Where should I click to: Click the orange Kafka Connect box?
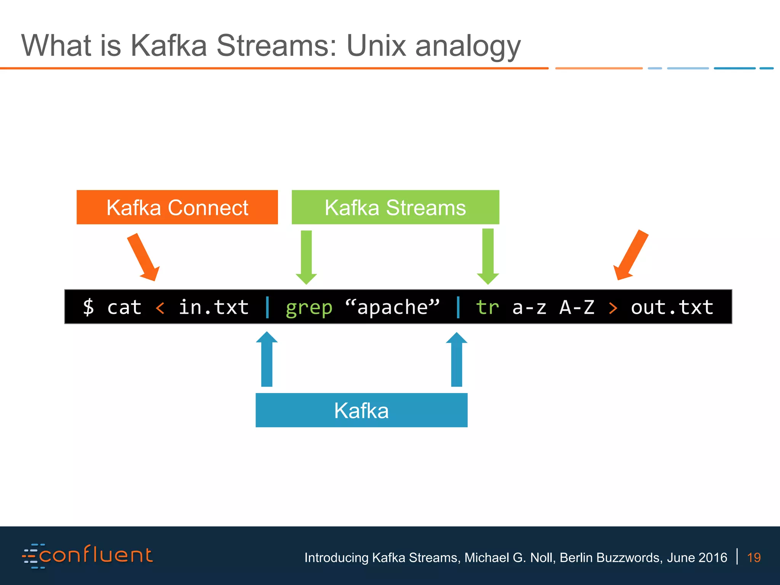pos(177,207)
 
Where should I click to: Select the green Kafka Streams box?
pos(395,207)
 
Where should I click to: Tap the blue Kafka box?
pos(361,410)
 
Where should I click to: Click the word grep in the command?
pos(309,307)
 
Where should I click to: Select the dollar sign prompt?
pos(88,307)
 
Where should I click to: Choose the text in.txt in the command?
pos(214,307)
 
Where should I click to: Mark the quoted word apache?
pos(392,307)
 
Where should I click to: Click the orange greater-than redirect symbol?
pos(613,308)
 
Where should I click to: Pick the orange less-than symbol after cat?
pos(160,308)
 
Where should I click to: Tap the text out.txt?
pos(672,307)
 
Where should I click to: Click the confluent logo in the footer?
pos(88,556)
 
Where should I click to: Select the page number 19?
pos(754,558)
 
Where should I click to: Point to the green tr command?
pos(487,307)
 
